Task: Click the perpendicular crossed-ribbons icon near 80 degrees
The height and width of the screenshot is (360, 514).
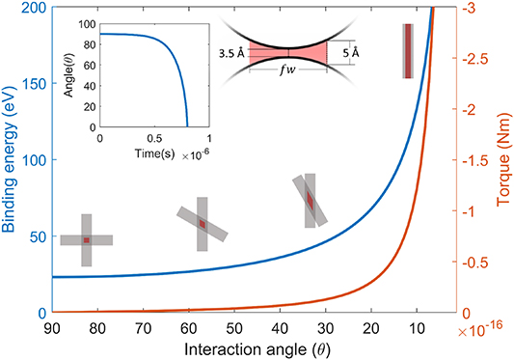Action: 86,239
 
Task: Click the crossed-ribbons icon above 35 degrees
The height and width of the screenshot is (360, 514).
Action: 311,201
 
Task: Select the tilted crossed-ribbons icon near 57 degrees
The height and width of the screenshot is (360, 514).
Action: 203,224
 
